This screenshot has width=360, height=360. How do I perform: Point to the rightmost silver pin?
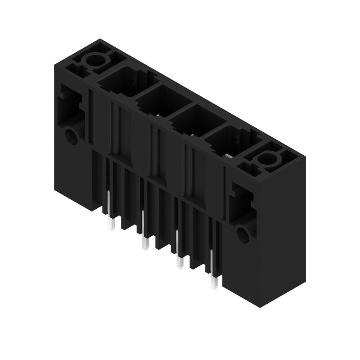(x=213, y=274)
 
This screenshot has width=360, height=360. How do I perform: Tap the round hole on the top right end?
(x=267, y=158)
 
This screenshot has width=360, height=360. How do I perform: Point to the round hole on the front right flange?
(x=243, y=234)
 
